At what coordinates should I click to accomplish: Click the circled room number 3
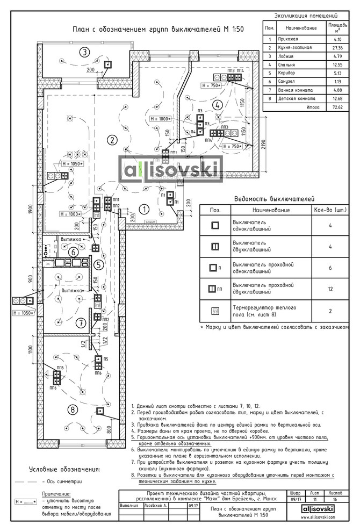pyautogui.click(x=84, y=52)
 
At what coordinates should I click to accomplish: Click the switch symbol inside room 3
pyautogui.click(x=107, y=64)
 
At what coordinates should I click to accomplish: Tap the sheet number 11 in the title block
pyautogui.click(x=315, y=499)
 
